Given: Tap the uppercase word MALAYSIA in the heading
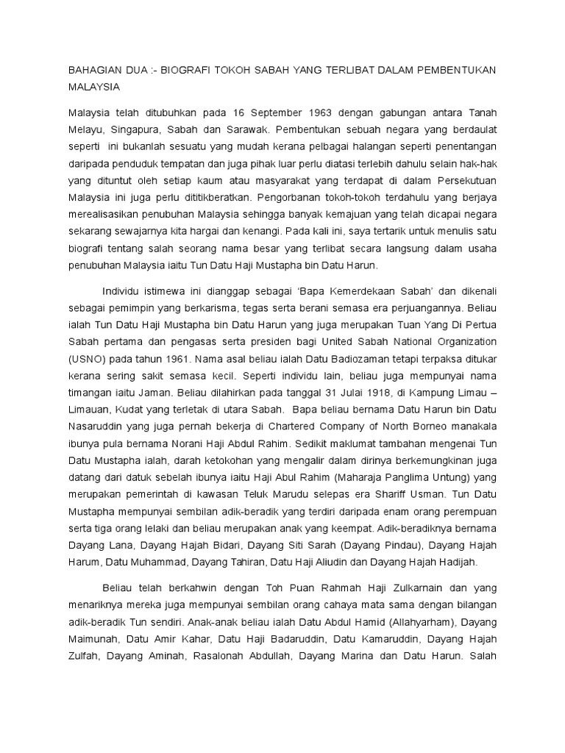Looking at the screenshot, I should tap(94, 86).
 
